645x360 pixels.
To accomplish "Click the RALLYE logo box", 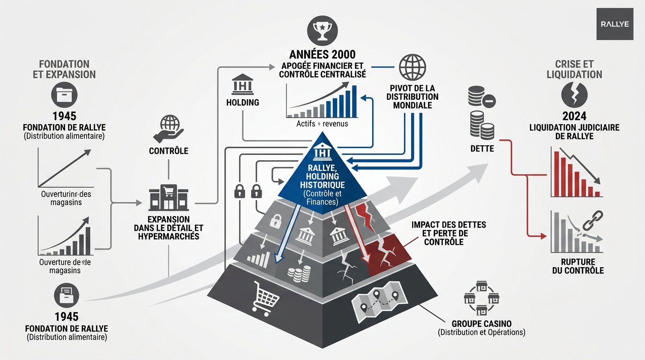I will (x=615, y=24).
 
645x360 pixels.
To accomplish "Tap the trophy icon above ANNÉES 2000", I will (x=322, y=31).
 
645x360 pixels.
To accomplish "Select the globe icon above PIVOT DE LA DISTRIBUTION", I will (x=412, y=67).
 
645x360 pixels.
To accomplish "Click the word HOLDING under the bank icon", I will (x=242, y=102).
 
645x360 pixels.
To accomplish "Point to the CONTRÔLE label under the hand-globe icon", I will (x=168, y=151).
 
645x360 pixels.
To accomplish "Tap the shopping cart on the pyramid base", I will (x=266, y=296).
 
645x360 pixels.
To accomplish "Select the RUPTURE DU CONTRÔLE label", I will (x=577, y=266).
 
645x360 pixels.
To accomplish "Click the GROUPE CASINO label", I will (x=481, y=323).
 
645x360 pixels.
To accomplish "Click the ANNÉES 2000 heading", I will (x=322, y=54).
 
